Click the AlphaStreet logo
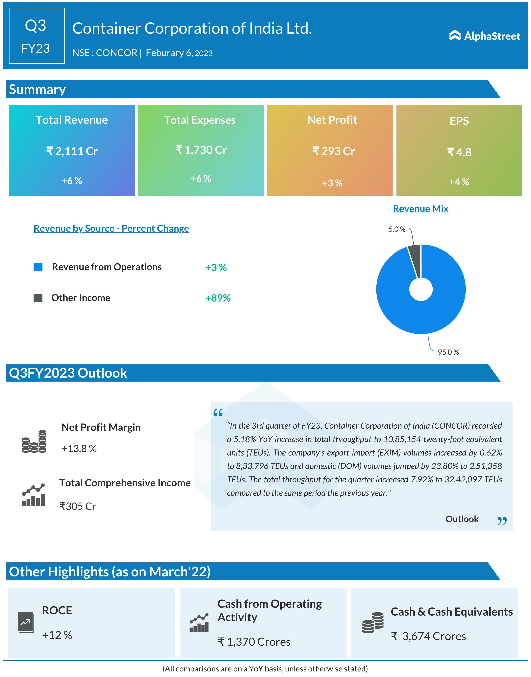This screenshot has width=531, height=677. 484,36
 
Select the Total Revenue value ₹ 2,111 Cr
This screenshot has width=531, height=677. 72,151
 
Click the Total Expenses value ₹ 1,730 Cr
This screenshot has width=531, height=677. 201,150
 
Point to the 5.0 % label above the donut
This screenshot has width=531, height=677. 397,229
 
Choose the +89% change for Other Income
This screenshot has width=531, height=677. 218,298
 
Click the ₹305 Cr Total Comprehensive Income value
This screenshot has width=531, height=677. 78,506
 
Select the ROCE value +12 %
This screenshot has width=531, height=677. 57,635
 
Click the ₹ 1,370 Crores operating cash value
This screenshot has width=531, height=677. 254,642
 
